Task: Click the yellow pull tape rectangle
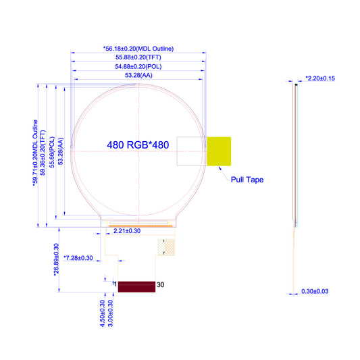(x=219, y=151)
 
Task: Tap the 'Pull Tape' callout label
(x=247, y=180)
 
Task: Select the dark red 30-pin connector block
(x=136, y=287)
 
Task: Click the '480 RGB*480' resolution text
(x=138, y=145)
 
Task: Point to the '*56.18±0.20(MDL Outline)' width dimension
(x=138, y=49)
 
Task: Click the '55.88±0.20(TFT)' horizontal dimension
(x=138, y=57)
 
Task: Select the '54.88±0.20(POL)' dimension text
(x=138, y=67)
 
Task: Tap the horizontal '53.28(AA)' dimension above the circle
(x=138, y=75)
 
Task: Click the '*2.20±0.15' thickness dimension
(x=320, y=78)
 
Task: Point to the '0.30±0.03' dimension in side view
(x=315, y=291)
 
